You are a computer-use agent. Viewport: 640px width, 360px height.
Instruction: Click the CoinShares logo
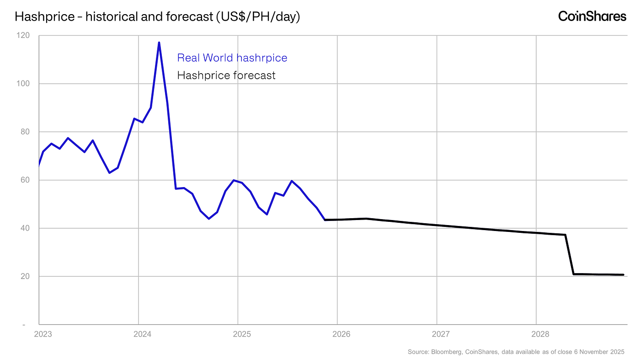tap(592, 16)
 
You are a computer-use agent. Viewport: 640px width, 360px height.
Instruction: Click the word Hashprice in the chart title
tap(45, 16)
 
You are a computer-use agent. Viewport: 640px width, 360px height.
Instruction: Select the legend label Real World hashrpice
tap(232, 58)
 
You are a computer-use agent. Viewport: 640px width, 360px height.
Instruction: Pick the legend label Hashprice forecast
tap(226, 75)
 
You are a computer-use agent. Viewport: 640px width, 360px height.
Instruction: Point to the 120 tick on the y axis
tap(23, 36)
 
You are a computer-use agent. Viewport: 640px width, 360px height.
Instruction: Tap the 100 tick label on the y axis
tap(23, 84)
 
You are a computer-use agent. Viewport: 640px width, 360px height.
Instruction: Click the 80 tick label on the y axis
tap(25, 132)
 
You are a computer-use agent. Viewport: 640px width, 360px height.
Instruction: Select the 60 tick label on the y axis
tap(25, 180)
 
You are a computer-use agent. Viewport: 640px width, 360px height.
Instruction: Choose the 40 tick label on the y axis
tap(25, 228)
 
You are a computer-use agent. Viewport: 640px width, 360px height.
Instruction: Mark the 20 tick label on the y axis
tap(25, 276)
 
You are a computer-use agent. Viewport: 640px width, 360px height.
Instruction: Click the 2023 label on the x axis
tap(43, 334)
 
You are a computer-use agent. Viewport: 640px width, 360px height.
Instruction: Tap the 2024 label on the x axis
tap(142, 334)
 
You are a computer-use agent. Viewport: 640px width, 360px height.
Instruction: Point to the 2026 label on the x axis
tap(341, 334)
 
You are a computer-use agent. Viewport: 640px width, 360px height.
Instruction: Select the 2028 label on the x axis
tap(540, 334)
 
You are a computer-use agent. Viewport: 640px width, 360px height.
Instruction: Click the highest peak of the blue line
tap(159, 43)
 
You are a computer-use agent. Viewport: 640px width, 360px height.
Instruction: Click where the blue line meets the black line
tap(325, 220)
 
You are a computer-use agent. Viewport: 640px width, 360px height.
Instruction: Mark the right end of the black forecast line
tap(623, 275)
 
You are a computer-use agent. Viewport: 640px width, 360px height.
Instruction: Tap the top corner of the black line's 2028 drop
tap(565, 235)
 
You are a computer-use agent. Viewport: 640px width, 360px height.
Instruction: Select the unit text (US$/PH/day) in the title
tap(258, 16)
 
